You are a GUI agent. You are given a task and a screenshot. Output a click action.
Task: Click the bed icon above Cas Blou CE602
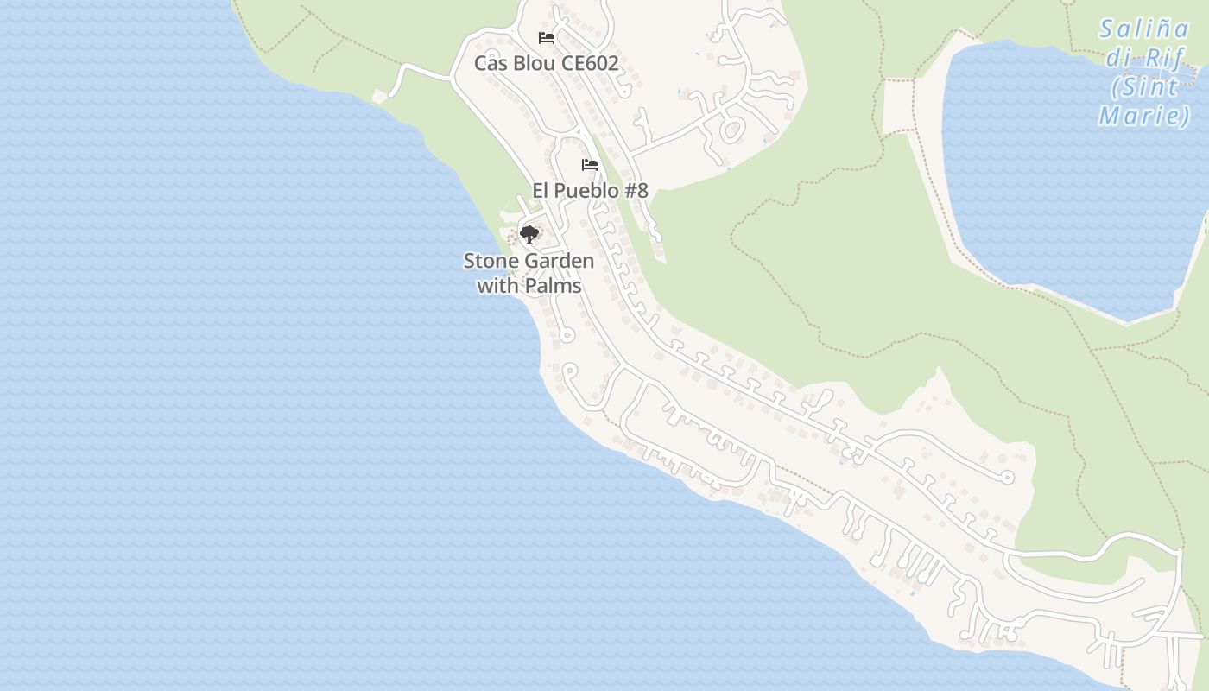point(546,38)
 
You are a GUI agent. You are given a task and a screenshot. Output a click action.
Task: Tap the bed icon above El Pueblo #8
point(590,165)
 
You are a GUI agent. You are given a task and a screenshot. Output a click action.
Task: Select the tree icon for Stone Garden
point(529,234)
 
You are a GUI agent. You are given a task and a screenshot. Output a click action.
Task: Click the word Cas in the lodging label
point(491,63)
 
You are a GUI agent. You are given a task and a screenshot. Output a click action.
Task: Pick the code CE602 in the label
point(590,63)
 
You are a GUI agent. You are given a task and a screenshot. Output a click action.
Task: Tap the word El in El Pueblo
point(541,191)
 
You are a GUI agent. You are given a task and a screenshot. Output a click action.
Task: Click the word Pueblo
point(586,191)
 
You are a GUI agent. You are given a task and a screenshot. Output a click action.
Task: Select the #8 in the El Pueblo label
point(636,191)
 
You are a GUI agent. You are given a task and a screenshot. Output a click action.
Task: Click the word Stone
point(487,261)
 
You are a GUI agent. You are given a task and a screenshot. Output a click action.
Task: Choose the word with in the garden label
point(497,285)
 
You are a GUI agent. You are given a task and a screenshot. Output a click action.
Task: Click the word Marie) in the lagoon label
point(1144,115)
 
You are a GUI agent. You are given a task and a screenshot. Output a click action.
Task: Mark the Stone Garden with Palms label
point(529,273)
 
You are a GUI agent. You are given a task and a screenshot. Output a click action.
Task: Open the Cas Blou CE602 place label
point(546,63)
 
